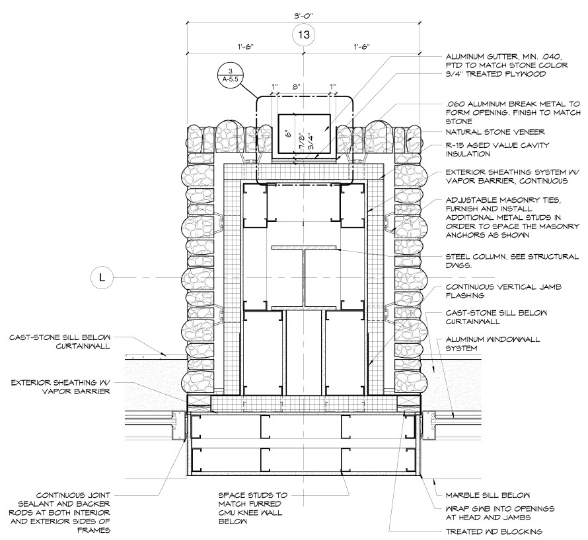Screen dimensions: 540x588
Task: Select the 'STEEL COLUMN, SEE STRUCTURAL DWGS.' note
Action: tap(512, 261)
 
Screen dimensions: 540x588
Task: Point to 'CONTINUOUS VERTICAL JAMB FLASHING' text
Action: tap(502, 292)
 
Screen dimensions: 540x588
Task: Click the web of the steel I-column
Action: tap(303, 278)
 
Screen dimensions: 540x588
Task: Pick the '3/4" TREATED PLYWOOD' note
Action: tap(495, 74)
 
